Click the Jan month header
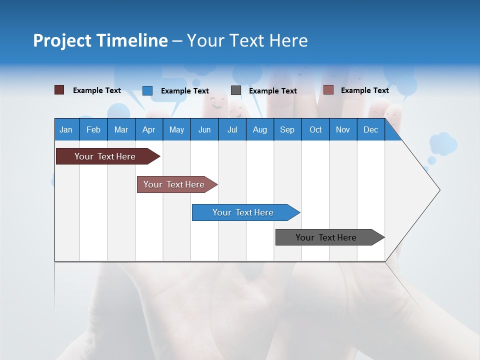[x=66, y=129]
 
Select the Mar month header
[x=121, y=129]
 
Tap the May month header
[x=176, y=129]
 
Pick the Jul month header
[x=232, y=129]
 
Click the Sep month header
[x=287, y=129]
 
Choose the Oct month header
[x=315, y=129]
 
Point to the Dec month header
[x=370, y=129]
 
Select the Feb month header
[x=93, y=129]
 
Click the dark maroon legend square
[x=59, y=90]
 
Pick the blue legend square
[x=147, y=90]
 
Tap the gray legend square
[x=236, y=90]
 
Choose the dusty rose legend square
[x=328, y=90]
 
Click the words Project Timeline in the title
[x=100, y=40]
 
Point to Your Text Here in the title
[x=247, y=40]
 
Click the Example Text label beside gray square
[x=272, y=90]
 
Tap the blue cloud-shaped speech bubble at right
[x=443, y=143]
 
